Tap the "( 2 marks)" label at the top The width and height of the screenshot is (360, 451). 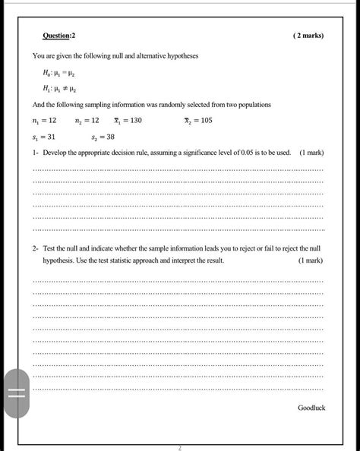pyautogui.click(x=308, y=36)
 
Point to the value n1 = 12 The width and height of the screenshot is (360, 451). pyautogui.click(x=45, y=121)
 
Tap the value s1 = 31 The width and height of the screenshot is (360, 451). pyautogui.click(x=45, y=137)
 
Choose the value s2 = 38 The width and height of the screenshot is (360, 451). pyautogui.click(x=103, y=137)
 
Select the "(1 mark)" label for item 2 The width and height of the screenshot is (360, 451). pyautogui.click(x=311, y=260)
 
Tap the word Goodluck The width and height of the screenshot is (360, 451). pyautogui.click(x=311, y=408)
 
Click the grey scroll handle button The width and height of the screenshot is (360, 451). pyautogui.click(x=17, y=393)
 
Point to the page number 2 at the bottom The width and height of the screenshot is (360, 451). pyautogui.click(x=180, y=447)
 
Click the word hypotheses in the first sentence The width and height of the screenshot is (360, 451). pyautogui.click(x=178, y=56)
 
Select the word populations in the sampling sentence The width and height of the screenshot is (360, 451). pyautogui.click(x=255, y=104)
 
